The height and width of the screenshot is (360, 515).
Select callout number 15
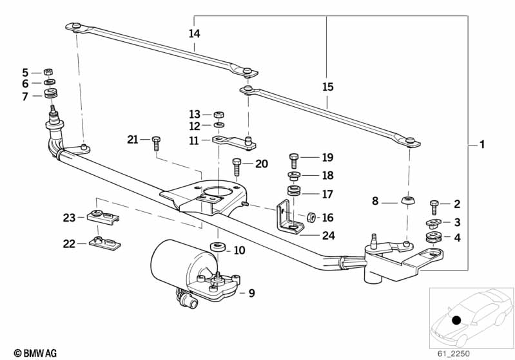pos(327,86)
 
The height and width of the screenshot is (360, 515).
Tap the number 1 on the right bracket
pos(481,144)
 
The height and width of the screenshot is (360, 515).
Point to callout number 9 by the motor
pos(251,293)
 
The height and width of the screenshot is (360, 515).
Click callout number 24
pos(329,236)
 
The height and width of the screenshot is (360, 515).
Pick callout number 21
pos(133,140)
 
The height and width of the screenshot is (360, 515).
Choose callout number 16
pos(327,218)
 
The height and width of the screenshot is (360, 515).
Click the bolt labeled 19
pos(295,158)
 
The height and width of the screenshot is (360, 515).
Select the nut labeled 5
pos(48,72)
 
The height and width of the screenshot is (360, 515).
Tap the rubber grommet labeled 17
pos(294,193)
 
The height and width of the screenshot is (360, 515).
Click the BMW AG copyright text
pos(31,352)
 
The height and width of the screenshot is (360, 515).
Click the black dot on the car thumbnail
pos(456,320)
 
